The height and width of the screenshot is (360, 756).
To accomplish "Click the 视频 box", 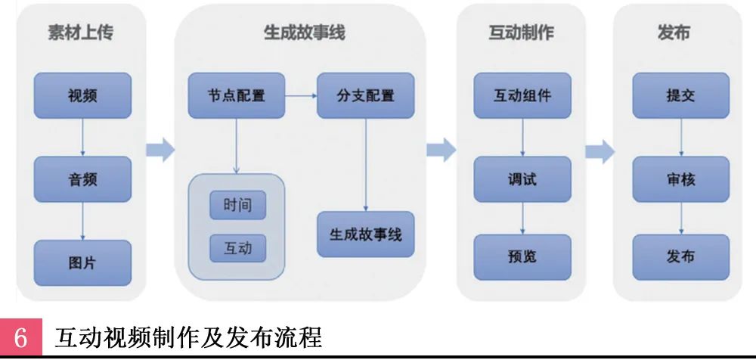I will coord(82,96).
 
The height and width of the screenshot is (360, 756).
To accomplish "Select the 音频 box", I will coord(82,179).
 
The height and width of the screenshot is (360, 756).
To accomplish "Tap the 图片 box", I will coord(82,262).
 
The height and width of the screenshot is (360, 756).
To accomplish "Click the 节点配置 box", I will coord(236,96).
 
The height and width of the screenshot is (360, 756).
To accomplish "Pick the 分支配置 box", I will coord(365,96).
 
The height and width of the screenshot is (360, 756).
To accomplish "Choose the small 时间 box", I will coord(237,204).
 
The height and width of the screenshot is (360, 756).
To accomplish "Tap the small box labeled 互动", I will coord(237,247).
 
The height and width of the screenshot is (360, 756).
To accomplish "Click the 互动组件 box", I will coord(522,96).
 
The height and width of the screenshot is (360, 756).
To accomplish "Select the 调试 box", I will coord(522,179).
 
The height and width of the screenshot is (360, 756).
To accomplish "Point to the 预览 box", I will coord(522,257).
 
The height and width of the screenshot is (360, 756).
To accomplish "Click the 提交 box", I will coord(680,96).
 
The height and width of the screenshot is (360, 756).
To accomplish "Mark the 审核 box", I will coord(680,179).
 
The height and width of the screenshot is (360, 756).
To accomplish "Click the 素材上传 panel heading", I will coord(82,33).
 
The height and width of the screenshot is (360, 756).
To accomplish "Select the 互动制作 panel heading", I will coord(521,33).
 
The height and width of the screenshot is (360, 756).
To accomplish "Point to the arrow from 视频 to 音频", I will coord(82,138).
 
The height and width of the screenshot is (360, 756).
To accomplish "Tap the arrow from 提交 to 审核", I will coord(680,138).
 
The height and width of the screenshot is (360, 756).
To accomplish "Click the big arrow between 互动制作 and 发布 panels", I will coord(600,151).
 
